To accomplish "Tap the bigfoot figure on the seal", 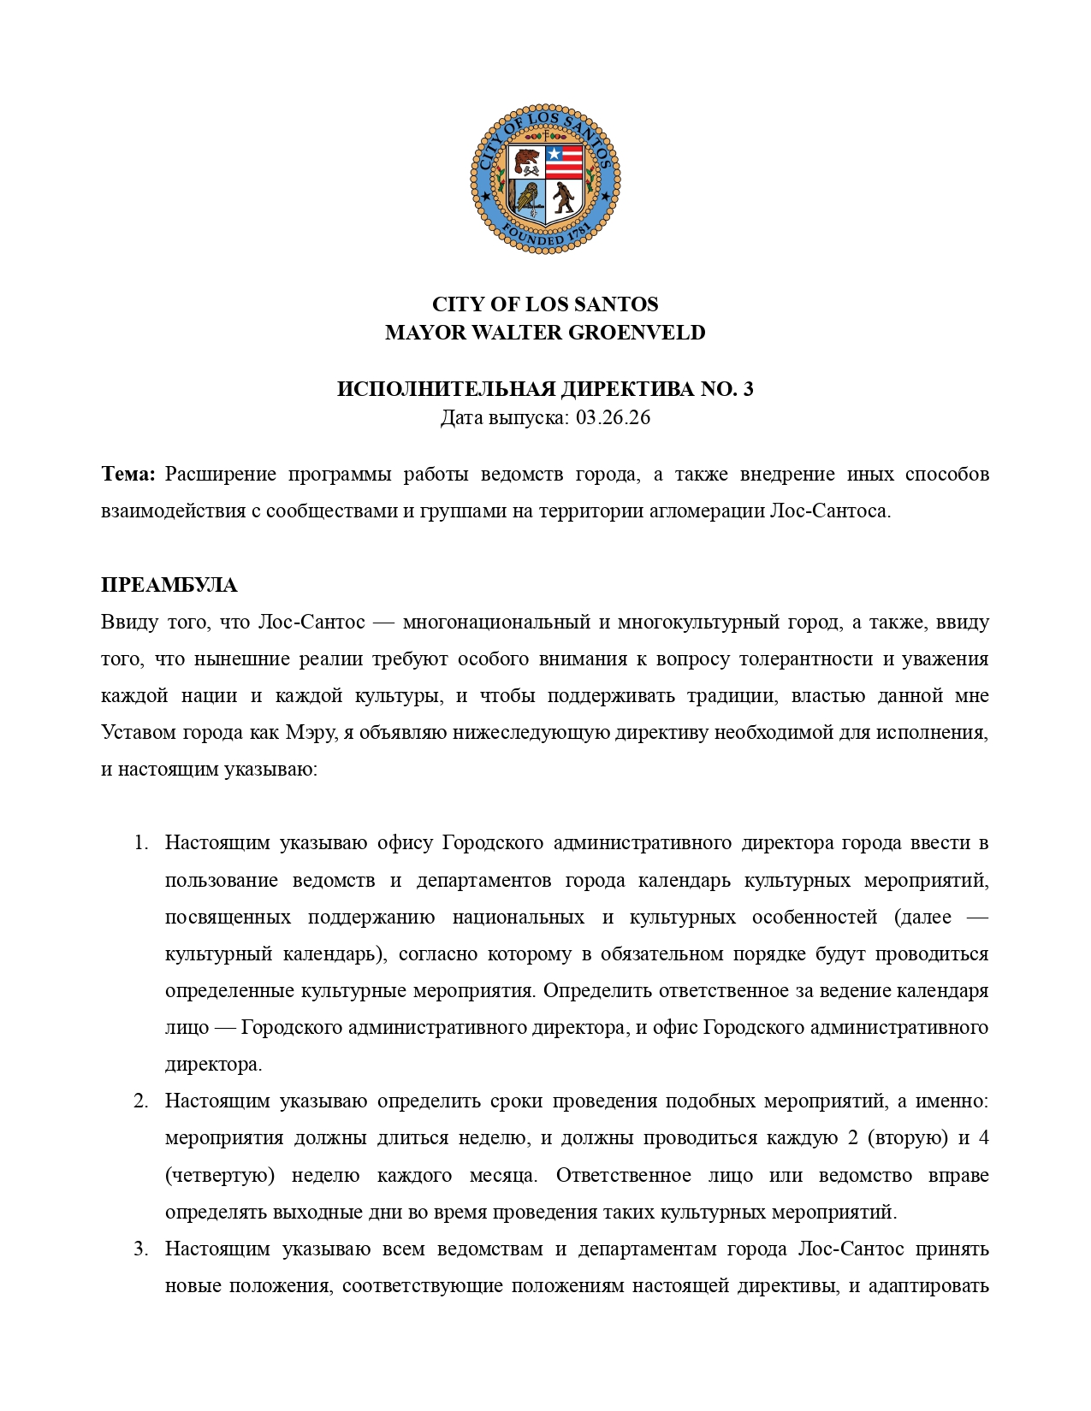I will (563, 198).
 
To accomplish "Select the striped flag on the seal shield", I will (565, 161).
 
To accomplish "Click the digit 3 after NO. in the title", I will (749, 389).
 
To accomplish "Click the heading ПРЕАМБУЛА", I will (169, 586).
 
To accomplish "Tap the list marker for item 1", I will (141, 843).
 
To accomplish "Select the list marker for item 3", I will (141, 1249).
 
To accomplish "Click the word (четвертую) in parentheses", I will (220, 1176).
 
